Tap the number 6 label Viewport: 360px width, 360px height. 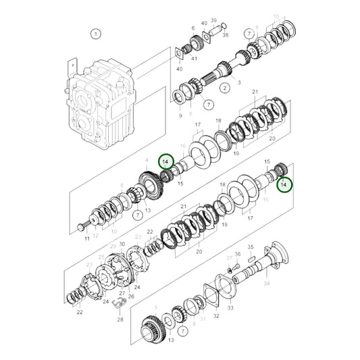tap(192, 27)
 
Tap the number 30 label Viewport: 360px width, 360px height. tap(122, 244)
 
